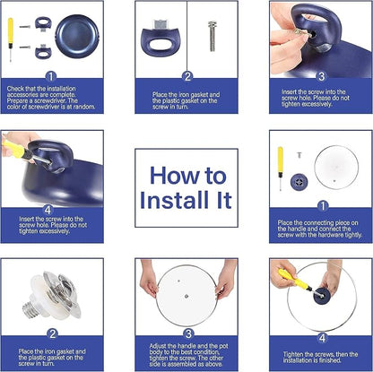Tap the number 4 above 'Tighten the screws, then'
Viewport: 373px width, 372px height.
pos(320,337)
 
